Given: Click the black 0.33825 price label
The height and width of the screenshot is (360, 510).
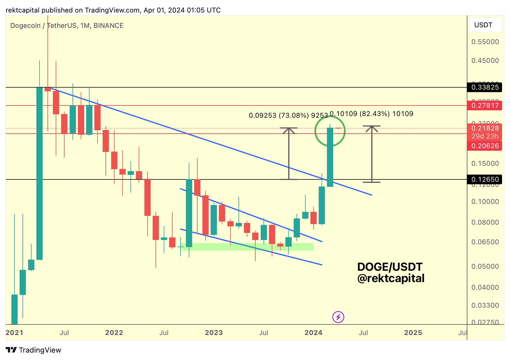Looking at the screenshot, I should click(x=485, y=87).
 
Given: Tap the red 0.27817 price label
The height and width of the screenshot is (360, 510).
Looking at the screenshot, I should click(x=485, y=105).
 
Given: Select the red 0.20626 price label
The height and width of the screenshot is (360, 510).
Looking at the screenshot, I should click(x=485, y=146).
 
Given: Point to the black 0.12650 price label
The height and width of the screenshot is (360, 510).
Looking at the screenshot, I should click(x=485, y=179).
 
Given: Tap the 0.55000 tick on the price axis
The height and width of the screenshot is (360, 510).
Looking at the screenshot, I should click(x=485, y=42).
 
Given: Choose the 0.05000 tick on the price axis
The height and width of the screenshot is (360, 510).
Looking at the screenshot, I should click(x=485, y=266).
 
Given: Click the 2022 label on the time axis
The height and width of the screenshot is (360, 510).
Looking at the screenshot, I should click(x=114, y=333).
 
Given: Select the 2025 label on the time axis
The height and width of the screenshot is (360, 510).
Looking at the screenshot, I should click(x=413, y=333).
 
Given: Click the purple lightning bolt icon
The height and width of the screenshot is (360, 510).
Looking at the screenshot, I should click(x=338, y=317).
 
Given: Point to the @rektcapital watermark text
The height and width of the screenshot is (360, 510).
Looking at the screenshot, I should click(x=391, y=278).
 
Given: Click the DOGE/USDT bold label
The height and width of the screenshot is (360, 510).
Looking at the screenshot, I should click(x=390, y=267).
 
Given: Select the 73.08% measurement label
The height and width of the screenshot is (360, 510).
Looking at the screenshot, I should click(x=288, y=115).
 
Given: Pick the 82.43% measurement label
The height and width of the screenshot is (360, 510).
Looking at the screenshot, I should click(x=371, y=114).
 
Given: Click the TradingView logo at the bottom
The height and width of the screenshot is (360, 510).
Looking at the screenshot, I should click(x=34, y=350).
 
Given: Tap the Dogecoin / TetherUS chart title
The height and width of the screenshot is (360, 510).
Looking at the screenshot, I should click(x=67, y=26).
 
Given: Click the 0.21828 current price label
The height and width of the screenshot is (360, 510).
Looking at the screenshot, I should click(x=485, y=128).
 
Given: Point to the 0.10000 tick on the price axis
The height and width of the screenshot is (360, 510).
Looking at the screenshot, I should click(x=485, y=202).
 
